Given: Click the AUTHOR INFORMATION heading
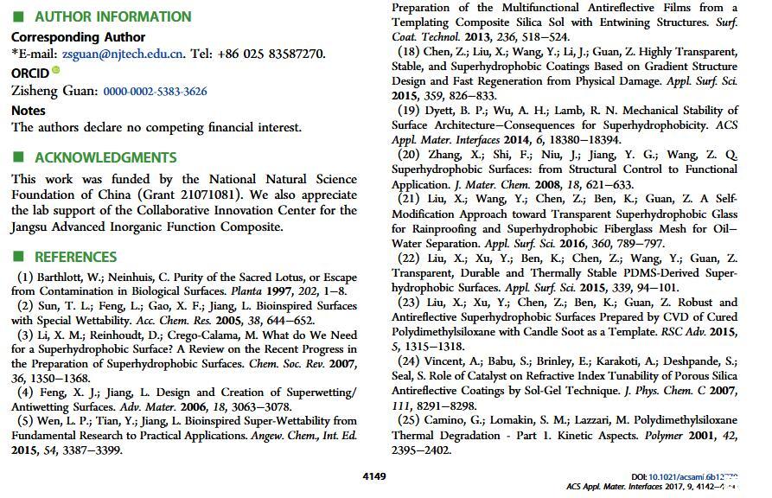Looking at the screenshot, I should (112, 16).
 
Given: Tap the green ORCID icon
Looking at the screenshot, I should (56, 70).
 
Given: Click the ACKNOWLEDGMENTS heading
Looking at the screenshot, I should (105, 157).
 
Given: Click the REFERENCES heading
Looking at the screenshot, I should (75, 257).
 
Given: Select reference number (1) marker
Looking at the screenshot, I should (25, 278).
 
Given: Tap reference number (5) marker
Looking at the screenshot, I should (25, 421).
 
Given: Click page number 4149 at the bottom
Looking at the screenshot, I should (374, 476).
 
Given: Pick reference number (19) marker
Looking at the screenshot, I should (409, 111).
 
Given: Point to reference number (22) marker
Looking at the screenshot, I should (409, 259).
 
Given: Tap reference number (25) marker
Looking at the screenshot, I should (409, 421).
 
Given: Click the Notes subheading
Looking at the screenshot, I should (29, 111).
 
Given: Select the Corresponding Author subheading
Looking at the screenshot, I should (78, 37).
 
